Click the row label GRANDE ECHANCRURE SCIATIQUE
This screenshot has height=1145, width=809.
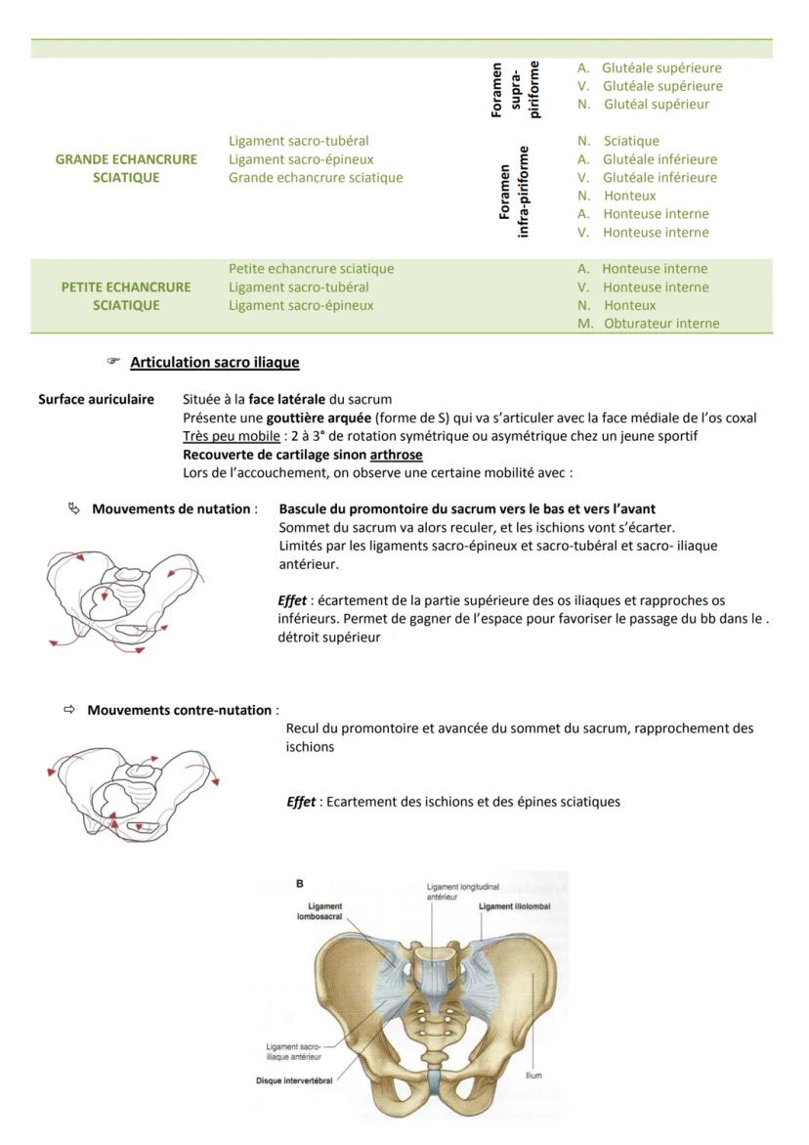(x=126, y=168)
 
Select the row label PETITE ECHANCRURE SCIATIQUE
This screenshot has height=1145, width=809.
(x=126, y=296)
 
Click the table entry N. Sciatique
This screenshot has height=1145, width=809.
(x=618, y=141)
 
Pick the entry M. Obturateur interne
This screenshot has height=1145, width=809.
(x=648, y=324)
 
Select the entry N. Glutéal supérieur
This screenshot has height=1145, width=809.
(x=643, y=104)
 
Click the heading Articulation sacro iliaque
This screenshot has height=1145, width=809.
(x=214, y=362)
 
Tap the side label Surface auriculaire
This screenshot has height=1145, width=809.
(x=96, y=399)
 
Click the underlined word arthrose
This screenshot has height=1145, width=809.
(x=397, y=455)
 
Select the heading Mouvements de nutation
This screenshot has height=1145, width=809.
(x=174, y=508)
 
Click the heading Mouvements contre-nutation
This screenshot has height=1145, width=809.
(x=180, y=710)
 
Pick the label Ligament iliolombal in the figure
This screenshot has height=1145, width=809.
(x=514, y=906)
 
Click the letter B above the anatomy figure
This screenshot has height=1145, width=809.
(x=300, y=883)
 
